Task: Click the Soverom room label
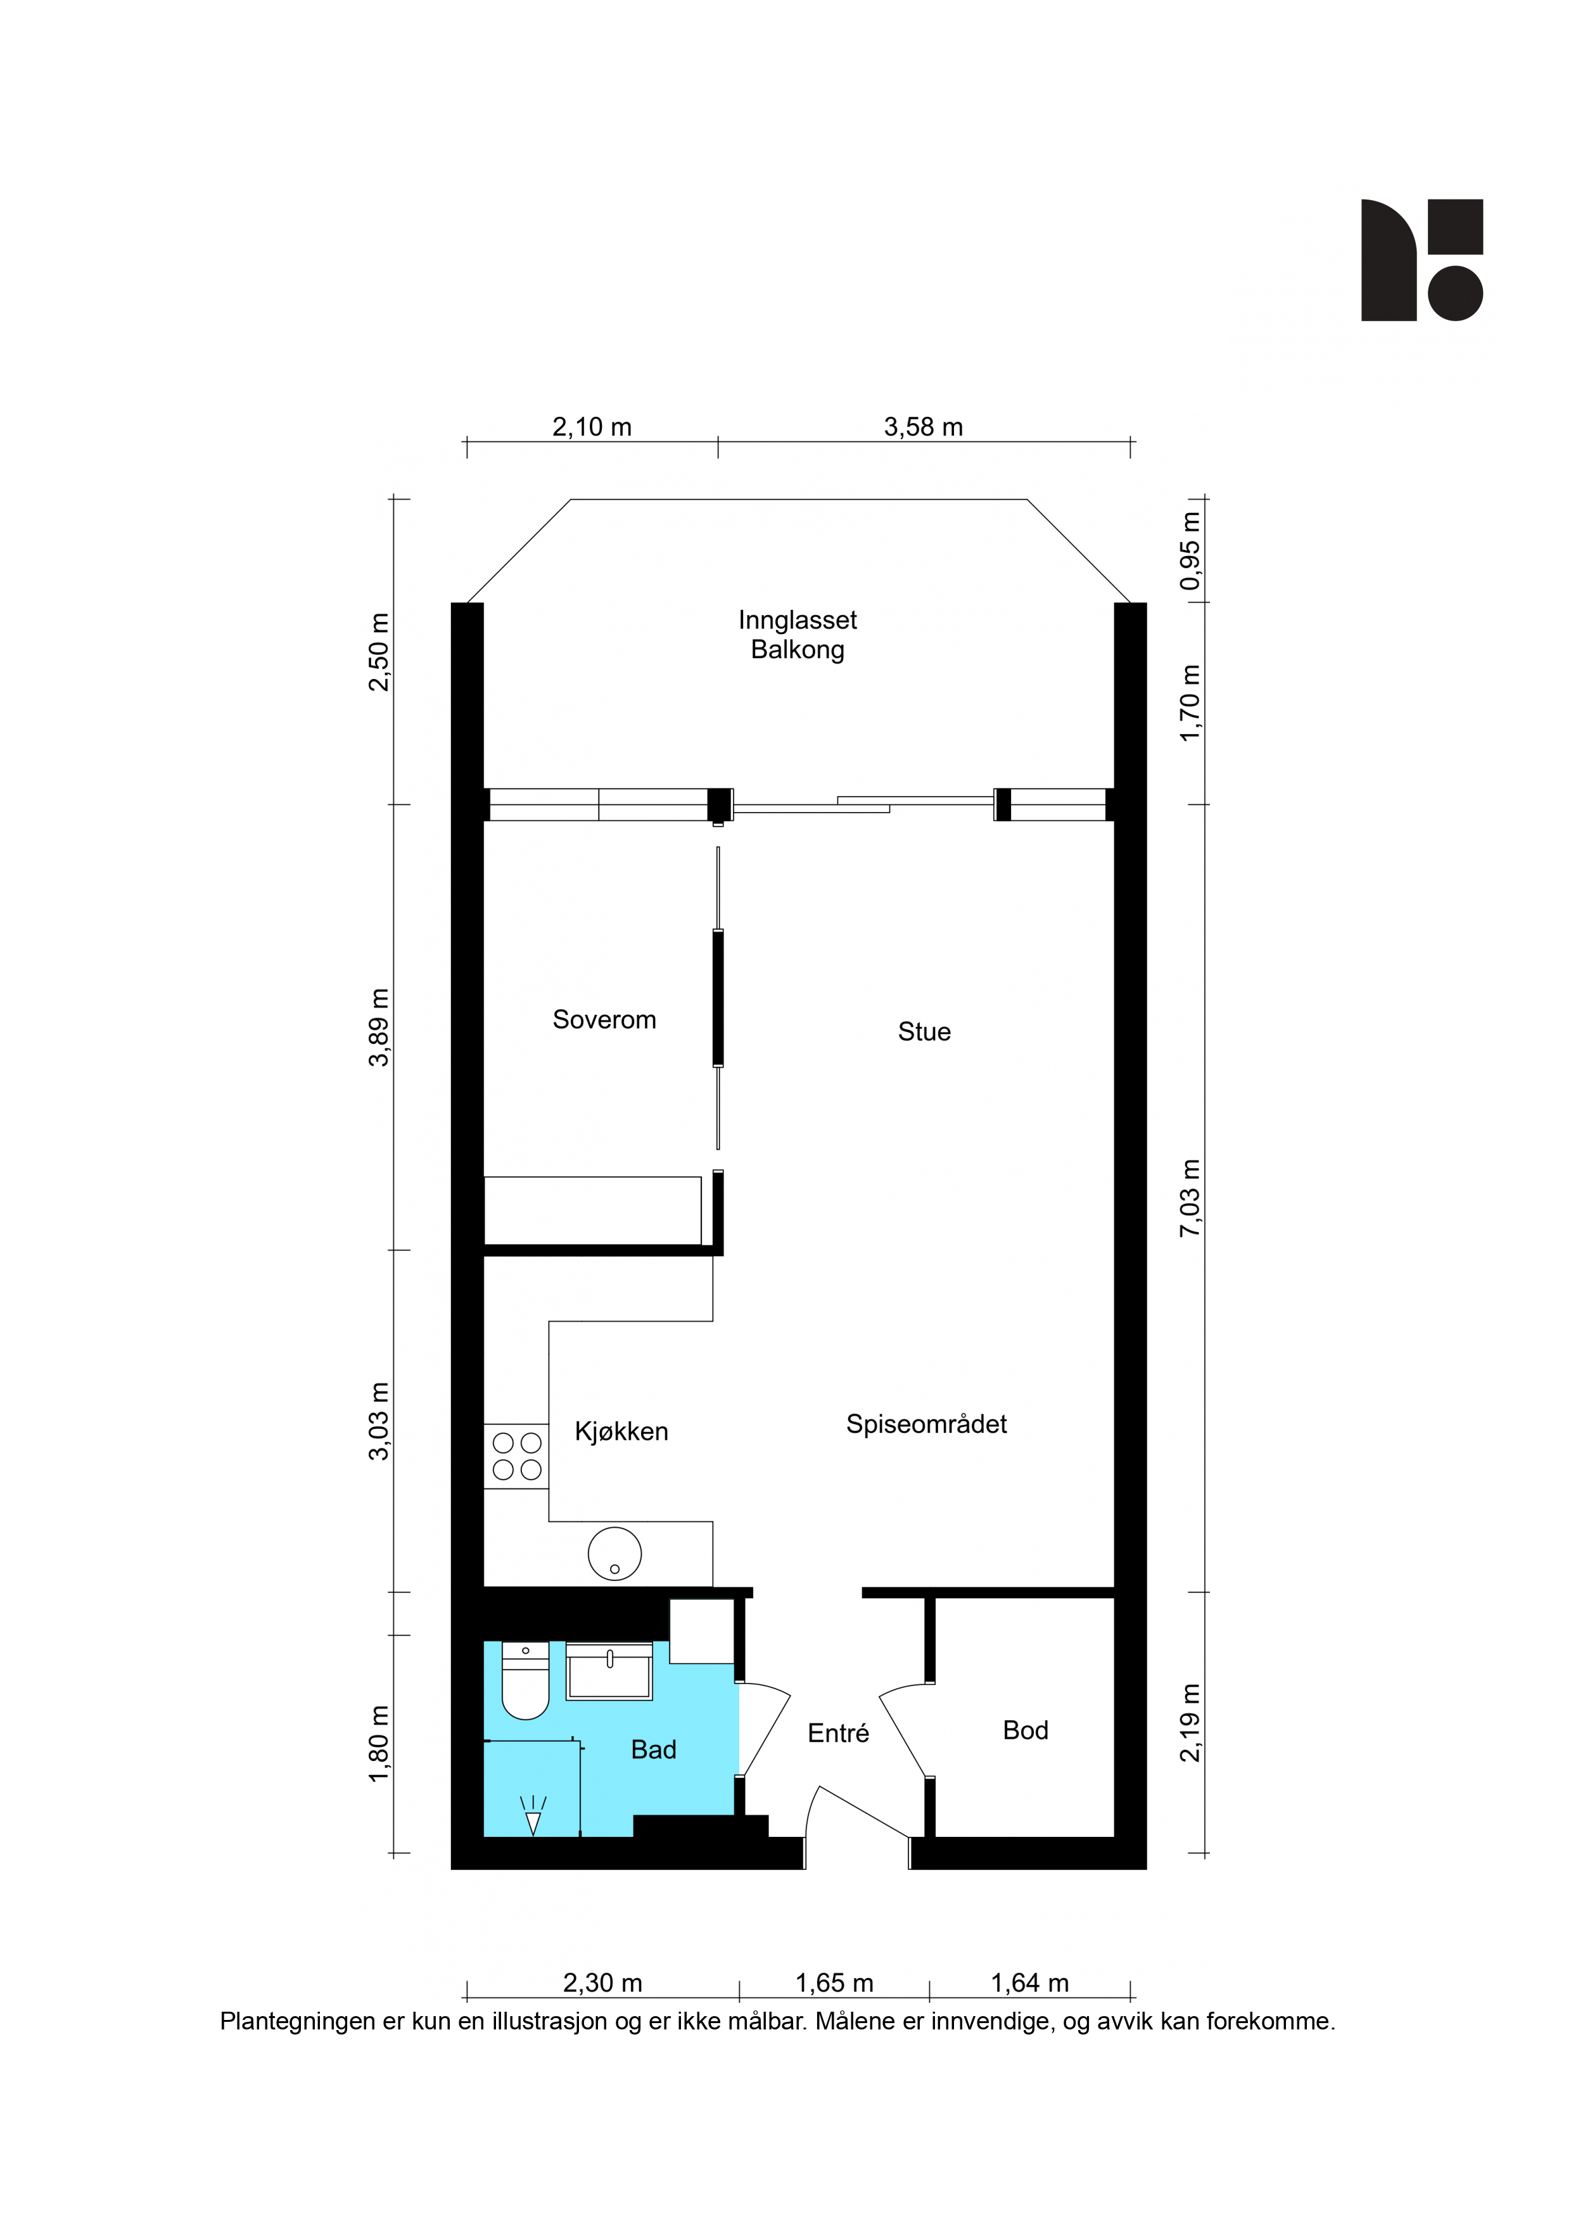pyautogui.click(x=604, y=1019)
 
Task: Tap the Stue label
pyautogui.click(x=924, y=1032)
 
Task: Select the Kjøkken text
pyautogui.click(x=621, y=1432)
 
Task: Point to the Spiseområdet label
pyautogui.click(x=926, y=1424)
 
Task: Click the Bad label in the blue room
pyautogui.click(x=653, y=1749)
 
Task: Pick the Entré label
pyautogui.click(x=838, y=1732)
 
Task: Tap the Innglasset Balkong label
pyautogui.click(x=798, y=635)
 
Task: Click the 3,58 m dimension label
pyautogui.click(x=924, y=427)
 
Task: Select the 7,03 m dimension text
pyautogui.click(x=1190, y=1198)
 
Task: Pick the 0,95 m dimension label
pyautogui.click(x=1190, y=550)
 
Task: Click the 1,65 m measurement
pyautogui.click(x=834, y=1983)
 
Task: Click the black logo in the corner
pyautogui.click(x=1422, y=260)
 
